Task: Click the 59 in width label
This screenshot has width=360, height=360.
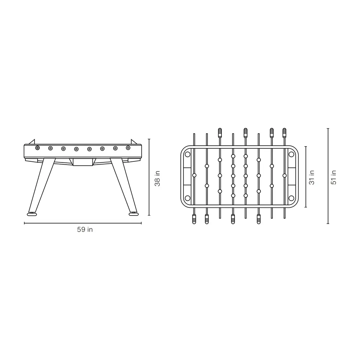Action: point(85,229)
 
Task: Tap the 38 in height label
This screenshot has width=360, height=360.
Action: point(157,178)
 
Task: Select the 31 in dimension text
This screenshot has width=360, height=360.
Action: point(311,177)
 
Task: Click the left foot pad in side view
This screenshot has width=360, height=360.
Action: point(32,214)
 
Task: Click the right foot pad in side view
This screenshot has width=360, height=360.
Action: point(134,214)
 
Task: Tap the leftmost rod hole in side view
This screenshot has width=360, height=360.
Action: point(37,148)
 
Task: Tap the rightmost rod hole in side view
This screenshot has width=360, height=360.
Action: point(128,148)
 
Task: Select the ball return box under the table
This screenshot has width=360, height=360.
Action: point(83,162)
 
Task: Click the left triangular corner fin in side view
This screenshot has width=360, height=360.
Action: point(32,142)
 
